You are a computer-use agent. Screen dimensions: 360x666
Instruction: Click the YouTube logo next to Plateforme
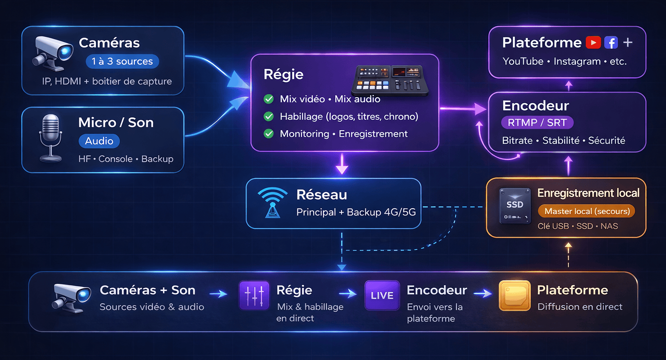(593, 43)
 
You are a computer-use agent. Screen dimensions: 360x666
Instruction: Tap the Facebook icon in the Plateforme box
(611, 43)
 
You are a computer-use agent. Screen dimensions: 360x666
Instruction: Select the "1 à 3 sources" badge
(122, 61)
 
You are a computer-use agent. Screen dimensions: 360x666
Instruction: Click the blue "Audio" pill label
(99, 141)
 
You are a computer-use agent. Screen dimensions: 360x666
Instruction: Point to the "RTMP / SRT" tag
(537, 123)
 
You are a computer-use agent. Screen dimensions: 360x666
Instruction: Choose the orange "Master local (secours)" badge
(587, 211)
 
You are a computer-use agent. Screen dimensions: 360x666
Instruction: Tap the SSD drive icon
(515, 205)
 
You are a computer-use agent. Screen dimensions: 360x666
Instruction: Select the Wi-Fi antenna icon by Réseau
(273, 202)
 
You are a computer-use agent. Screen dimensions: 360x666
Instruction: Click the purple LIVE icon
(382, 296)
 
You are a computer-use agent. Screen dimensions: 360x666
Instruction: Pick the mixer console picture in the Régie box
(390, 80)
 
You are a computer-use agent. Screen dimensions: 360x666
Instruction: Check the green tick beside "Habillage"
(269, 117)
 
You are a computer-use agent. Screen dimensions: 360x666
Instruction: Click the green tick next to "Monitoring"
(269, 134)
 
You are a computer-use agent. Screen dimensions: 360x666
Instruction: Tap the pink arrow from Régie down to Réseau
(342, 164)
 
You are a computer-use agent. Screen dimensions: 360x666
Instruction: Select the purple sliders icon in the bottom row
(254, 296)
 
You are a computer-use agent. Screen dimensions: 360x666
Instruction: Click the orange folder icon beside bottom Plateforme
(515, 296)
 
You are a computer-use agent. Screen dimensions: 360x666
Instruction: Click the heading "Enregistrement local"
(588, 193)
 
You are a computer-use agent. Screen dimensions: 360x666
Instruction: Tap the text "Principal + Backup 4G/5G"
(356, 212)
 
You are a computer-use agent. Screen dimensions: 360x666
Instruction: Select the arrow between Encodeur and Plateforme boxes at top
(569, 85)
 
